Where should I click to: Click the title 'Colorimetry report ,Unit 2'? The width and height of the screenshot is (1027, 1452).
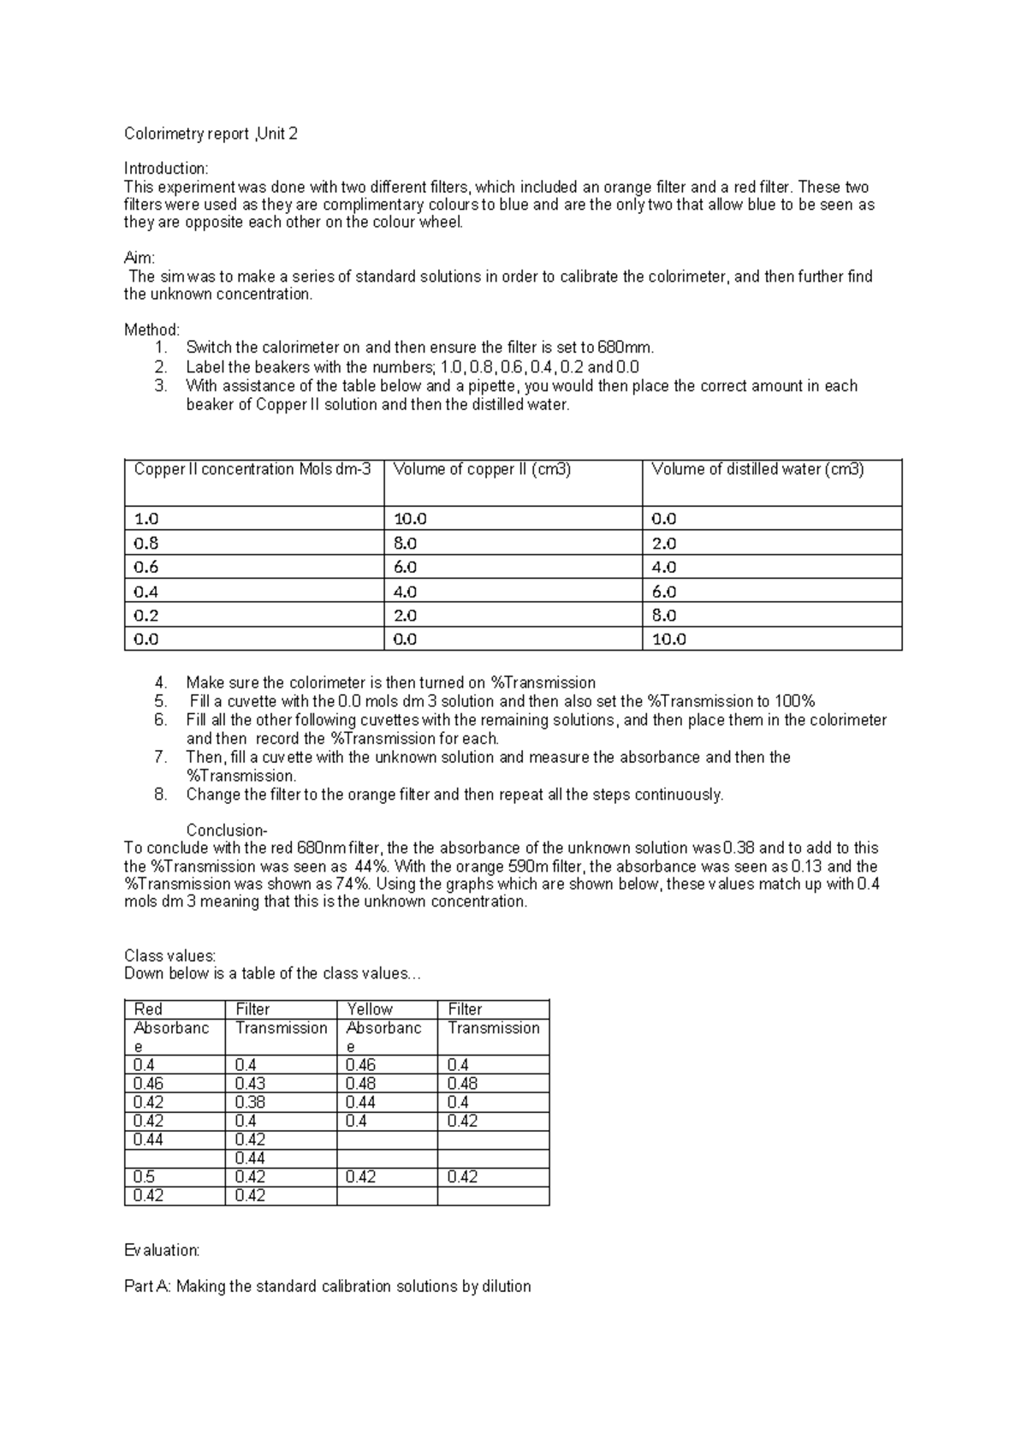point(211,134)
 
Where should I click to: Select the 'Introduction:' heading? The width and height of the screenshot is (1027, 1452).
point(166,169)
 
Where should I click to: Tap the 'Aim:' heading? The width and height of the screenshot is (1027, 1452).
point(140,259)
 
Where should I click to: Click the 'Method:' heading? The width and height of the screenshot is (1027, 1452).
point(151,330)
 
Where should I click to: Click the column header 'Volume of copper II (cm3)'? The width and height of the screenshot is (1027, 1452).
point(482,469)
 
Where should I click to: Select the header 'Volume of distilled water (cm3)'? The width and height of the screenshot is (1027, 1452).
point(757,469)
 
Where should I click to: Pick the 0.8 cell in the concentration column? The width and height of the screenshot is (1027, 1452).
point(146,544)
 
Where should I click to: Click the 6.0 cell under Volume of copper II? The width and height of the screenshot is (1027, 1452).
point(405,568)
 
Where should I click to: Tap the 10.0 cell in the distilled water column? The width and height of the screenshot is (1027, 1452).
point(669,640)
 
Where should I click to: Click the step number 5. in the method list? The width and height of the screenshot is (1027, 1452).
point(161,701)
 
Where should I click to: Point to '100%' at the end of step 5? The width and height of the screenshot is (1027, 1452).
point(795,701)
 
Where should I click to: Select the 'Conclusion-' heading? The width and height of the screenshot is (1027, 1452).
point(227,830)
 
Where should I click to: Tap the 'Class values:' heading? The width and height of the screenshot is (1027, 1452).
point(169,955)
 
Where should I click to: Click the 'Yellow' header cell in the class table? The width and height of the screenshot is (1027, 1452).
point(370,1009)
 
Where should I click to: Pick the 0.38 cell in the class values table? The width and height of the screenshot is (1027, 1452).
point(250,1103)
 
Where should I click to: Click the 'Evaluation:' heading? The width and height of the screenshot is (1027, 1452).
point(162,1250)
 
